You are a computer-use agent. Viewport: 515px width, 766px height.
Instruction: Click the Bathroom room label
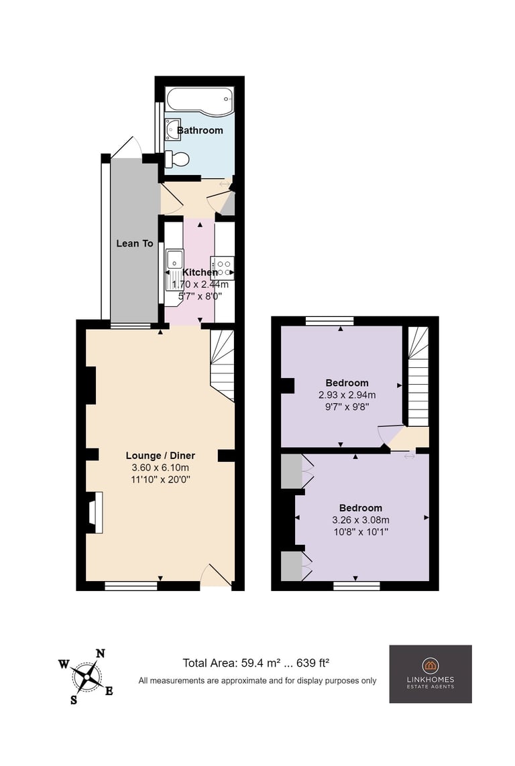point(200,131)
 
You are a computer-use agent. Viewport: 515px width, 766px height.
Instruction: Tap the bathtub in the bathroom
point(200,101)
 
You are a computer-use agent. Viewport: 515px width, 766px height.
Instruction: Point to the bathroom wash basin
point(172,129)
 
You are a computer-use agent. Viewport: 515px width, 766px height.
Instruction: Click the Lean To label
point(134,243)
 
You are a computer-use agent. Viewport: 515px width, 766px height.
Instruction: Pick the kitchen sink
point(174,259)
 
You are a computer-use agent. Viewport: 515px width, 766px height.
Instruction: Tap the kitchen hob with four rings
point(223,267)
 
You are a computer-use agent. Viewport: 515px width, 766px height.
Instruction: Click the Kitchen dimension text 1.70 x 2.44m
point(201,284)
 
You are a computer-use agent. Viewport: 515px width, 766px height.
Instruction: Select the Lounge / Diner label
point(160,455)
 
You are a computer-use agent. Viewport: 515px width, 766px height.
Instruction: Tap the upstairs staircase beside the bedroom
point(418,377)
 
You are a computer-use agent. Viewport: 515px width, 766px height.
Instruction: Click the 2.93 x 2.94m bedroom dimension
point(347,395)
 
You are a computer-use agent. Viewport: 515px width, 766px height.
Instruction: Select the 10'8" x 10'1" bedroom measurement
point(361,532)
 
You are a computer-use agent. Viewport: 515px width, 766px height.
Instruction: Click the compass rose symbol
point(87,677)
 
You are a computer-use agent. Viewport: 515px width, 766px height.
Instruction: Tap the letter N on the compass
point(100,653)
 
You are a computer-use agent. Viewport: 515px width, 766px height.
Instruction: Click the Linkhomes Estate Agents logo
point(431,674)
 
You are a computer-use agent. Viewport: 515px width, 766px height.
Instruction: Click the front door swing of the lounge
point(215,574)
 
